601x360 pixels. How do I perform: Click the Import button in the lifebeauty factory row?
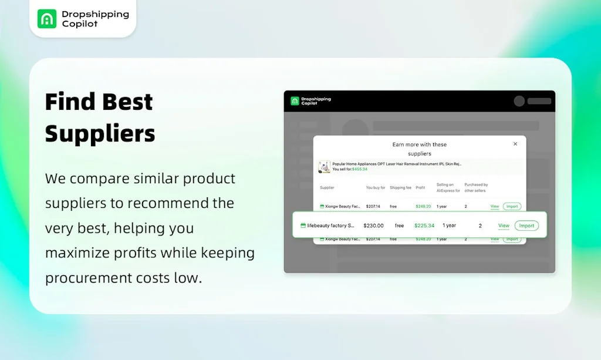click(x=526, y=226)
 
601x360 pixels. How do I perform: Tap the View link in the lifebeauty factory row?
click(x=504, y=226)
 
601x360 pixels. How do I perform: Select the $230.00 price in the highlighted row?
click(x=373, y=226)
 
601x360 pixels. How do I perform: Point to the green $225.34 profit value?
click(x=424, y=226)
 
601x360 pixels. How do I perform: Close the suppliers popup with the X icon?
click(x=515, y=144)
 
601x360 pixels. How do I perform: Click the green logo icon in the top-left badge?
click(x=47, y=19)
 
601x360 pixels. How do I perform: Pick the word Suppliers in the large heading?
click(x=100, y=133)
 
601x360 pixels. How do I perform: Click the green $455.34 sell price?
click(x=359, y=169)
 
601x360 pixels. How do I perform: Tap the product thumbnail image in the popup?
click(x=324, y=167)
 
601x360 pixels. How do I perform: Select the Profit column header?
click(x=420, y=188)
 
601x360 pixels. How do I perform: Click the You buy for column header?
click(x=376, y=188)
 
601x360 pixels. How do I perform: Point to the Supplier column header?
click(x=327, y=188)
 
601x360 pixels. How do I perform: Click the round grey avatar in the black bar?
click(x=519, y=101)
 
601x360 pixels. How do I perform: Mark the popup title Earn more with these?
click(x=419, y=144)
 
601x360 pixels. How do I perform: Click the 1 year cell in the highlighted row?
click(x=449, y=226)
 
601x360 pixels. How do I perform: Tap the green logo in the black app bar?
click(x=295, y=101)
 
